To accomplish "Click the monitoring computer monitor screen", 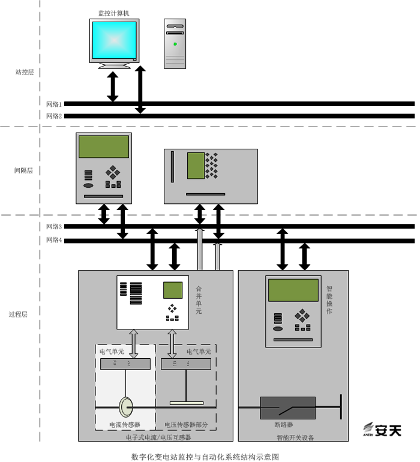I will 114,39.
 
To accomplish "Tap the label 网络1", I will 54,104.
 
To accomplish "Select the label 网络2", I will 54,116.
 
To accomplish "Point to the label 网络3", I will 54,226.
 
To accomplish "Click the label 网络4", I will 54,241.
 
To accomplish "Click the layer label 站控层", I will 24,72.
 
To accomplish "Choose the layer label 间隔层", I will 23,170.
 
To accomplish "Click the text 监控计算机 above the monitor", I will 114,13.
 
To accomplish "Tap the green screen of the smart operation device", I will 293,290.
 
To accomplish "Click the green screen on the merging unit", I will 173,290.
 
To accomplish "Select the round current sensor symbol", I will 126,407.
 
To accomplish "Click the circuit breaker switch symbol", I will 287,408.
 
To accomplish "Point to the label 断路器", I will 283,424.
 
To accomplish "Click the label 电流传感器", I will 124,424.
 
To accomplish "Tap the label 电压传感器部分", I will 186,424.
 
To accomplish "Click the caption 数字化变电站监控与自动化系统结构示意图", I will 205,457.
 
